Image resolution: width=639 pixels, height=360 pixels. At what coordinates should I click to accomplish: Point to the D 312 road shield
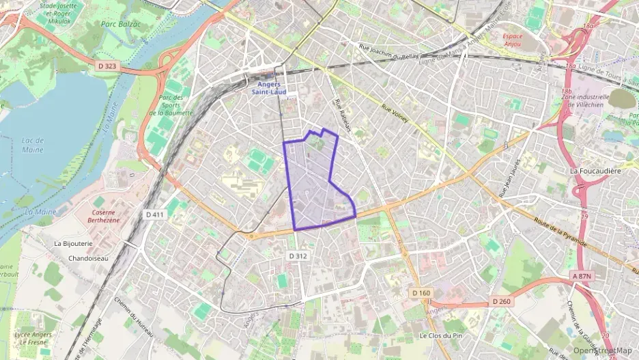tap(298, 255)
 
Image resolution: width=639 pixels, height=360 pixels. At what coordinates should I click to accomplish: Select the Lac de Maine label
tap(32, 145)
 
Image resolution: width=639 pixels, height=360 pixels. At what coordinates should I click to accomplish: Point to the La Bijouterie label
tap(73, 243)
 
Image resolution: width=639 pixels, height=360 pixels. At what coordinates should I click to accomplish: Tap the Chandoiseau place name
tap(89, 258)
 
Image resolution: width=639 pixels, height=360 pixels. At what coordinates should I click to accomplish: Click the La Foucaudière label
tap(596, 170)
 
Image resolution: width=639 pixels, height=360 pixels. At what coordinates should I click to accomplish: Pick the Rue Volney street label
tap(395, 113)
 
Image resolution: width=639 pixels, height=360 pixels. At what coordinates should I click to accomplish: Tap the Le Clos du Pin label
tap(442, 335)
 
